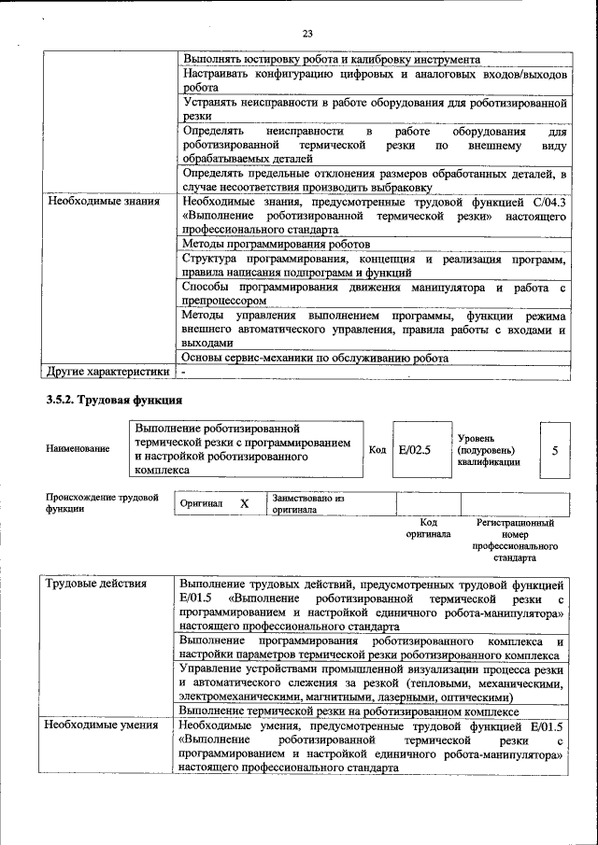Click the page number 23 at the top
[x=307, y=35]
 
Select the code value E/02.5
[x=413, y=449]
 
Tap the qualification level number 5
[x=555, y=450]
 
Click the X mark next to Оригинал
[x=244, y=503]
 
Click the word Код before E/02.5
[x=377, y=449]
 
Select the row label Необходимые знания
[x=104, y=201]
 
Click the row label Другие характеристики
[x=108, y=372]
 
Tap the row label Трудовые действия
[x=97, y=584]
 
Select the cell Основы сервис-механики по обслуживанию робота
[x=315, y=358]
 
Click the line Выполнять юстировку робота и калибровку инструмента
[x=332, y=58]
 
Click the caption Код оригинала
[x=428, y=528]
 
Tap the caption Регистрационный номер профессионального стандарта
[x=515, y=541]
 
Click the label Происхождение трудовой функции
[x=101, y=504]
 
